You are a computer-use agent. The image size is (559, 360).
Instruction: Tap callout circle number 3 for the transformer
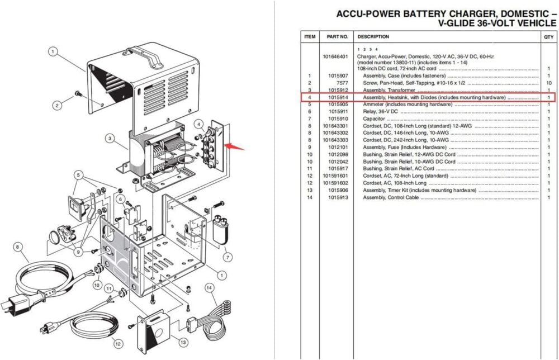point(111,138)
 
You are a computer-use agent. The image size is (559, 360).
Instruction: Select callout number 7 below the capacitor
point(228,257)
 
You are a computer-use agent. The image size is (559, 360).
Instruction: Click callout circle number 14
point(210,288)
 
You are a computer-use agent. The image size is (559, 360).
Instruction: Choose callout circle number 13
point(183,342)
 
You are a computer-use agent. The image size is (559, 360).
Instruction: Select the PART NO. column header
point(337,37)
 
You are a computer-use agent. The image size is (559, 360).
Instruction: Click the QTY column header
point(548,37)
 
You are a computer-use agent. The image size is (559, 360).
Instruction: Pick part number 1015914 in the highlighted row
point(338,97)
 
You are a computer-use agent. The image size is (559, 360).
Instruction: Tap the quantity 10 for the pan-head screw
point(548,83)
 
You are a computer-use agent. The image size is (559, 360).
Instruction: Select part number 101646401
point(335,56)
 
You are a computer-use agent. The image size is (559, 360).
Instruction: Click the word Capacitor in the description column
point(375,119)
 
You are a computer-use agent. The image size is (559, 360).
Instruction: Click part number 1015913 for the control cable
point(338,197)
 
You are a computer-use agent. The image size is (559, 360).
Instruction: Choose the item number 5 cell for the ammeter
point(309,105)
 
